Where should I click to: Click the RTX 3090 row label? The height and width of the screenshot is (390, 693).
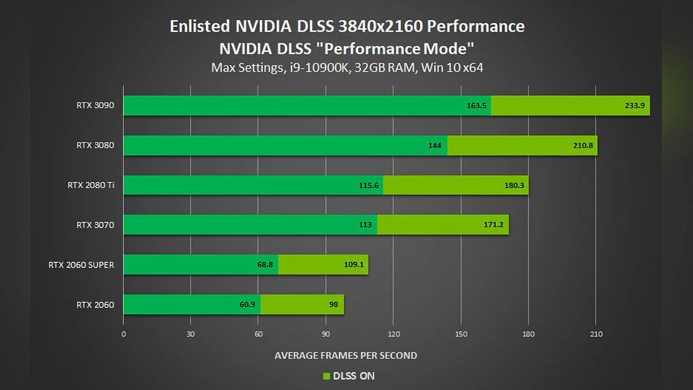[x=95, y=105]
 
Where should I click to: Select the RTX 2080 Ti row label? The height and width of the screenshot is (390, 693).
[x=91, y=185]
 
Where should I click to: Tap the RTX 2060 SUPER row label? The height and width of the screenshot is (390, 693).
[x=81, y=265]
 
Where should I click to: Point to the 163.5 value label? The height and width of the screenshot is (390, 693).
[x=477, y=106]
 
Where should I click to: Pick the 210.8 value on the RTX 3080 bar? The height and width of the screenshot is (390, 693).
[x=583, y=146]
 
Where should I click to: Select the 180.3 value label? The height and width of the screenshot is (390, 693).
[x=515, y=185]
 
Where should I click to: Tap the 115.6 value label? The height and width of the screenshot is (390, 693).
[x=369, y=185]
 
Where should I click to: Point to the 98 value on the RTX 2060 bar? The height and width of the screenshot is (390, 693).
[x=334, y=304]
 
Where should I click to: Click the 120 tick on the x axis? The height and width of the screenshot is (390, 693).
[x=393, y=334]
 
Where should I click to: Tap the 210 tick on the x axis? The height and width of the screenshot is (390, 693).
[x=596, y=334]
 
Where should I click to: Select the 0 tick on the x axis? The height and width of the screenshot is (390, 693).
[x=124, y=334]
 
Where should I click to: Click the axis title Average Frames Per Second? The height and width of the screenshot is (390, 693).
[x=345, y=355]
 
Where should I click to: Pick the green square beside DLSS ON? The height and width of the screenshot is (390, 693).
[x=326, y=376]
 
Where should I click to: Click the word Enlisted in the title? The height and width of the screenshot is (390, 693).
[x=200, y=27]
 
